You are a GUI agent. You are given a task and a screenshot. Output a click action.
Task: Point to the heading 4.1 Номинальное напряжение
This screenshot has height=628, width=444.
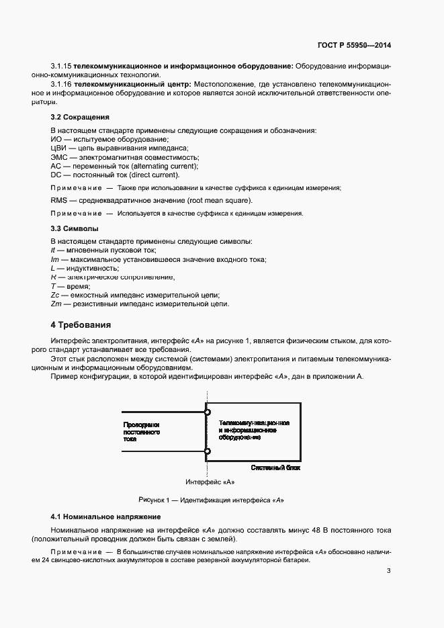(105, 517)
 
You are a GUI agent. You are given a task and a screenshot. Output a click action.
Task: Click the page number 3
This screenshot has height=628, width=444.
(388, 572)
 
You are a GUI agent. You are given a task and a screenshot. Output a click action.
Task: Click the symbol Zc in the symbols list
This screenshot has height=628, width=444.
(56, 295)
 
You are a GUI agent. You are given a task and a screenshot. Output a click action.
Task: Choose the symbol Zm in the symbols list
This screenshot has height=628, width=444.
(56, 304)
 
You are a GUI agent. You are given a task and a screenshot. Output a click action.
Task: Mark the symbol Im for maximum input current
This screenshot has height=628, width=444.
(55, 259)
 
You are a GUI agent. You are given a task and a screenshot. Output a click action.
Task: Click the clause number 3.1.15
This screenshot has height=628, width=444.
(61, 67)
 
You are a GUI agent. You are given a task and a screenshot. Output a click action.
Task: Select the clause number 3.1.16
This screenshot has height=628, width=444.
(61, 85)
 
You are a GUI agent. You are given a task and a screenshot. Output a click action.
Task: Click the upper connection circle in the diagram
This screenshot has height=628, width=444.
(208, 412)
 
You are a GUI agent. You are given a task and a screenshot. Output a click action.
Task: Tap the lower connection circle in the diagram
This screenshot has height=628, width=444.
(208, 451)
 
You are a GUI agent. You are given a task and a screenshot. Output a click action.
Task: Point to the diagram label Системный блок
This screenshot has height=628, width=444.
(275, 466)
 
